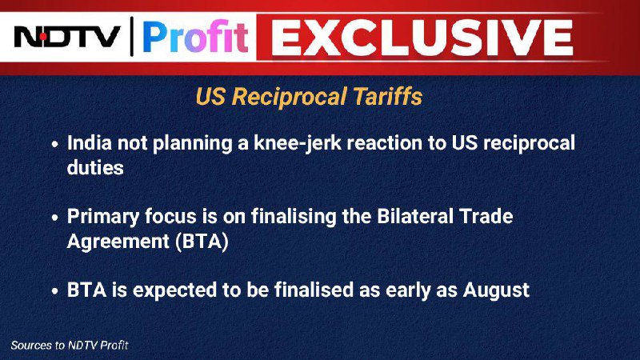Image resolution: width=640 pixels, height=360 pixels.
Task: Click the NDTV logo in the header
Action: tap(67, 37)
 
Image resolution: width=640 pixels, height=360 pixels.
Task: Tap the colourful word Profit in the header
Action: tap(195, 37)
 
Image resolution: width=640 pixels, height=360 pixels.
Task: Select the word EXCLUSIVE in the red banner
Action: tap(422, 37)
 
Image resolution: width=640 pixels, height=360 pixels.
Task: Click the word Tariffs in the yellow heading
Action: tap(387, 97)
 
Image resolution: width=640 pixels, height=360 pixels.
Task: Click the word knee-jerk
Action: tap(298, 144)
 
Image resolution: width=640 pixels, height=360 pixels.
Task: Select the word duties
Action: tap(95, 167)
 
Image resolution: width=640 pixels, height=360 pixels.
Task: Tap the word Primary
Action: tap(103, 217)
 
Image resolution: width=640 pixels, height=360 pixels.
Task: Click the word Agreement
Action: tap(118, 242)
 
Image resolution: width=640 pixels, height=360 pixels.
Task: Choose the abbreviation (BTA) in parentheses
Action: tap(202, 242)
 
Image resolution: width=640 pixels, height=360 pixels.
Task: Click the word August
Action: tap(496, 290)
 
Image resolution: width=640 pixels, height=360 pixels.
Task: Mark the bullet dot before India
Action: tap(55, 144)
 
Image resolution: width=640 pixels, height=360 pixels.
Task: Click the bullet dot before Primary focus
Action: tap(55, 218)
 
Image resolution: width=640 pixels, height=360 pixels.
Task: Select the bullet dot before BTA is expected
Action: tap(55, 291)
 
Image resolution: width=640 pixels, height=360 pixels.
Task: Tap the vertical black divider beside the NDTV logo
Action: tap(131, 36)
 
